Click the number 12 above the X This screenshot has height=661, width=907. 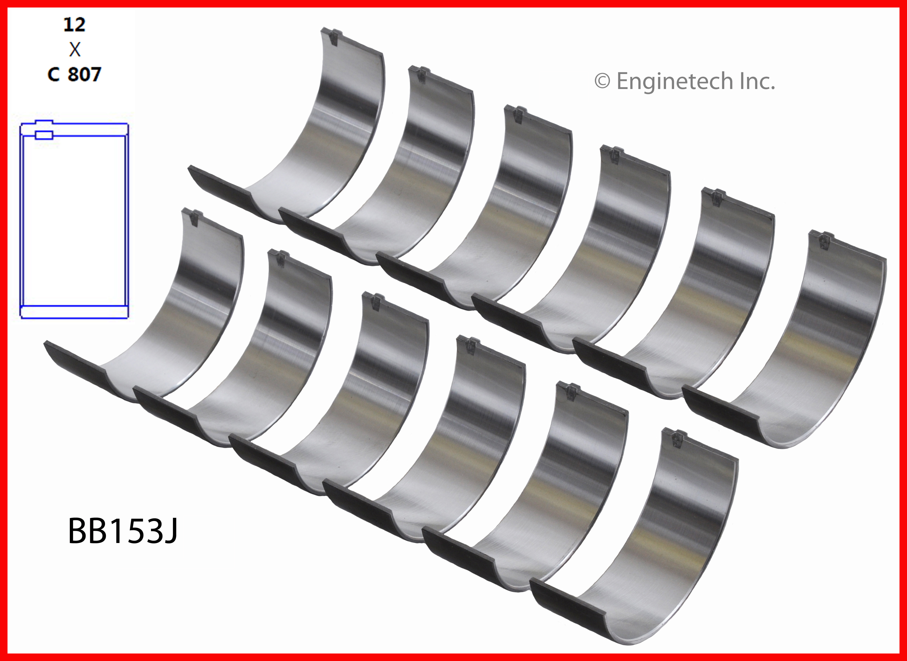coord(74,25)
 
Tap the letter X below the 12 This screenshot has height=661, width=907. coord(75,49)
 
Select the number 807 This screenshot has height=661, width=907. coord(84,74)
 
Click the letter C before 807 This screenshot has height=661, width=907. coord(53,74)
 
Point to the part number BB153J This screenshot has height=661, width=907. coord(123,531)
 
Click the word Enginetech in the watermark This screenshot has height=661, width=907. coord(674,81)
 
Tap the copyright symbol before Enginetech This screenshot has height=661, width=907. coord(602,81)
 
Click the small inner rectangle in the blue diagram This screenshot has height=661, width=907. coord(44,135)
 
